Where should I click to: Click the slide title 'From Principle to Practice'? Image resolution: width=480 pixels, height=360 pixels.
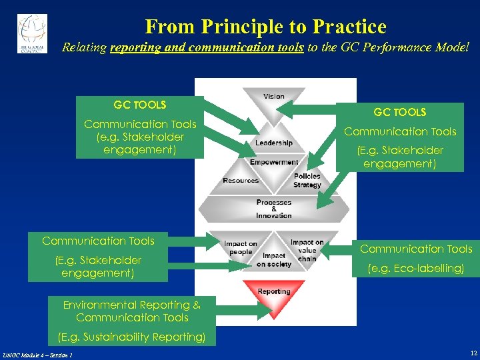[x=265, y=27]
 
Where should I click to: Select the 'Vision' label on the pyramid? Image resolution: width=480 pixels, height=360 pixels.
[x=273, y=97]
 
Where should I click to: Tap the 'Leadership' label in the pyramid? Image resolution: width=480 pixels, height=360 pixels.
[x=273, y=143]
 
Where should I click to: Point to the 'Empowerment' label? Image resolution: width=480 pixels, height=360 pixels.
[x=274, y=162]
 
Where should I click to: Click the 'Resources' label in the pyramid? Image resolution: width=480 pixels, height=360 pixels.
[x=240, y=181]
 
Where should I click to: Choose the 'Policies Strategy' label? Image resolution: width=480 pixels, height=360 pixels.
[x=307, y=181]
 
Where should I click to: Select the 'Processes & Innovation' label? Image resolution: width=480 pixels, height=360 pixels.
[x=274, y=209]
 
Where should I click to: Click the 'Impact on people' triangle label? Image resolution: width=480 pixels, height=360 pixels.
[x=240, y=248]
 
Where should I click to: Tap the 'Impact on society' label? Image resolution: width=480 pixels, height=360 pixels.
[x=273, y=260]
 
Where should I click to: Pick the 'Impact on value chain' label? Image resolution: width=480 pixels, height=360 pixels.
[x=307, y=250]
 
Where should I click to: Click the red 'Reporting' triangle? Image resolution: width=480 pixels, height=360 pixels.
[x=274, y=293]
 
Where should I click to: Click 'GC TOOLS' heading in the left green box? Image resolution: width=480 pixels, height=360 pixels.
[x=139, y=105]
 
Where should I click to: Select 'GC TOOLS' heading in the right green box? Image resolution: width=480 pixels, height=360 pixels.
[x=399, y=113]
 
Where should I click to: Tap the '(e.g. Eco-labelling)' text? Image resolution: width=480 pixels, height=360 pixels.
[x=416, y=269]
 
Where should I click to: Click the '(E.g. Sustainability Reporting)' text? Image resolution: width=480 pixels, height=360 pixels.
[x=131, y=337]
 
